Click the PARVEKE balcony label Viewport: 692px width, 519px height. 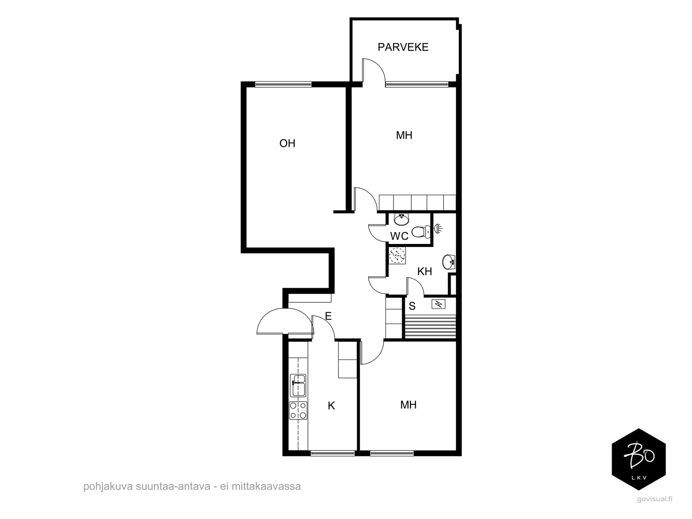click(403, 47)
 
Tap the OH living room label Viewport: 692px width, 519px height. click(287, 144)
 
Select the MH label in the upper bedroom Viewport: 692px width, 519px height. click(404, 135)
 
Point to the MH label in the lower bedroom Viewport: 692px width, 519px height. click(408, 405)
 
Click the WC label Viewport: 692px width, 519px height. click(399, 236)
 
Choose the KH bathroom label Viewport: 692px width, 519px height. click(424, 271)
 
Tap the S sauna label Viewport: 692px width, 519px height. click(412, 306)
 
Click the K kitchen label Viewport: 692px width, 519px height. click(331, 406)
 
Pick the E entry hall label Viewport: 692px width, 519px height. click(328, 316)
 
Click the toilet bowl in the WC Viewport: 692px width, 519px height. click(421, 232)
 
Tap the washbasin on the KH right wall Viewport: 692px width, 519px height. click(449, 262)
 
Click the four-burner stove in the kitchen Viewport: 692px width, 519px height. click(298, 410)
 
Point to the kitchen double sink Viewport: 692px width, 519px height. click(298, 385)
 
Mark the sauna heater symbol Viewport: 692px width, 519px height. click(438, 304)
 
